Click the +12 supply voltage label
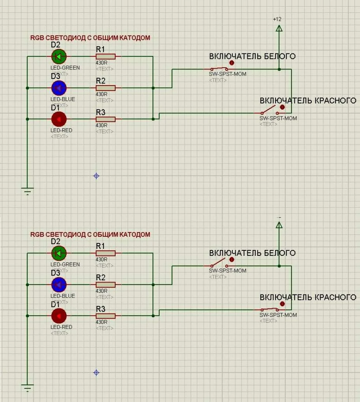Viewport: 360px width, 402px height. [x=277, y=19]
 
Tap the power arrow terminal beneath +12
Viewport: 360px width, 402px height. [x=279, y=28]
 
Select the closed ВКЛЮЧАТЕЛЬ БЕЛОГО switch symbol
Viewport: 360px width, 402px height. [x=219, y=69]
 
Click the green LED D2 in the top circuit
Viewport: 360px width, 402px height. [x=59, y=56]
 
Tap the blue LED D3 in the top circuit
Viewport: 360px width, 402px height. [x=59, y=88]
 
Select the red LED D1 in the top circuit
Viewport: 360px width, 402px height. [x=59, y=119]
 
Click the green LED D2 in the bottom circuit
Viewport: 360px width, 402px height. [x=59, y=253]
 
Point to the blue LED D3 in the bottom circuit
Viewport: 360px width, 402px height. [x=59, y=284]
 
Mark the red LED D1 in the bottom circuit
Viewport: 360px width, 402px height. [x=59, y=315]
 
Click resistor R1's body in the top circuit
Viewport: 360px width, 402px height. [x=105, y=56]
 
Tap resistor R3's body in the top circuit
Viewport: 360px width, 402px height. [x=105, y=119]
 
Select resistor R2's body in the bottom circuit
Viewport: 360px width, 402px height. [x=105, y=284]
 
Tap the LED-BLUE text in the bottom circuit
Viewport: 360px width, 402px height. [x=63, y=296]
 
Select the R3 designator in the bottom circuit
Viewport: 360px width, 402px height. [x=101, y=309]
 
